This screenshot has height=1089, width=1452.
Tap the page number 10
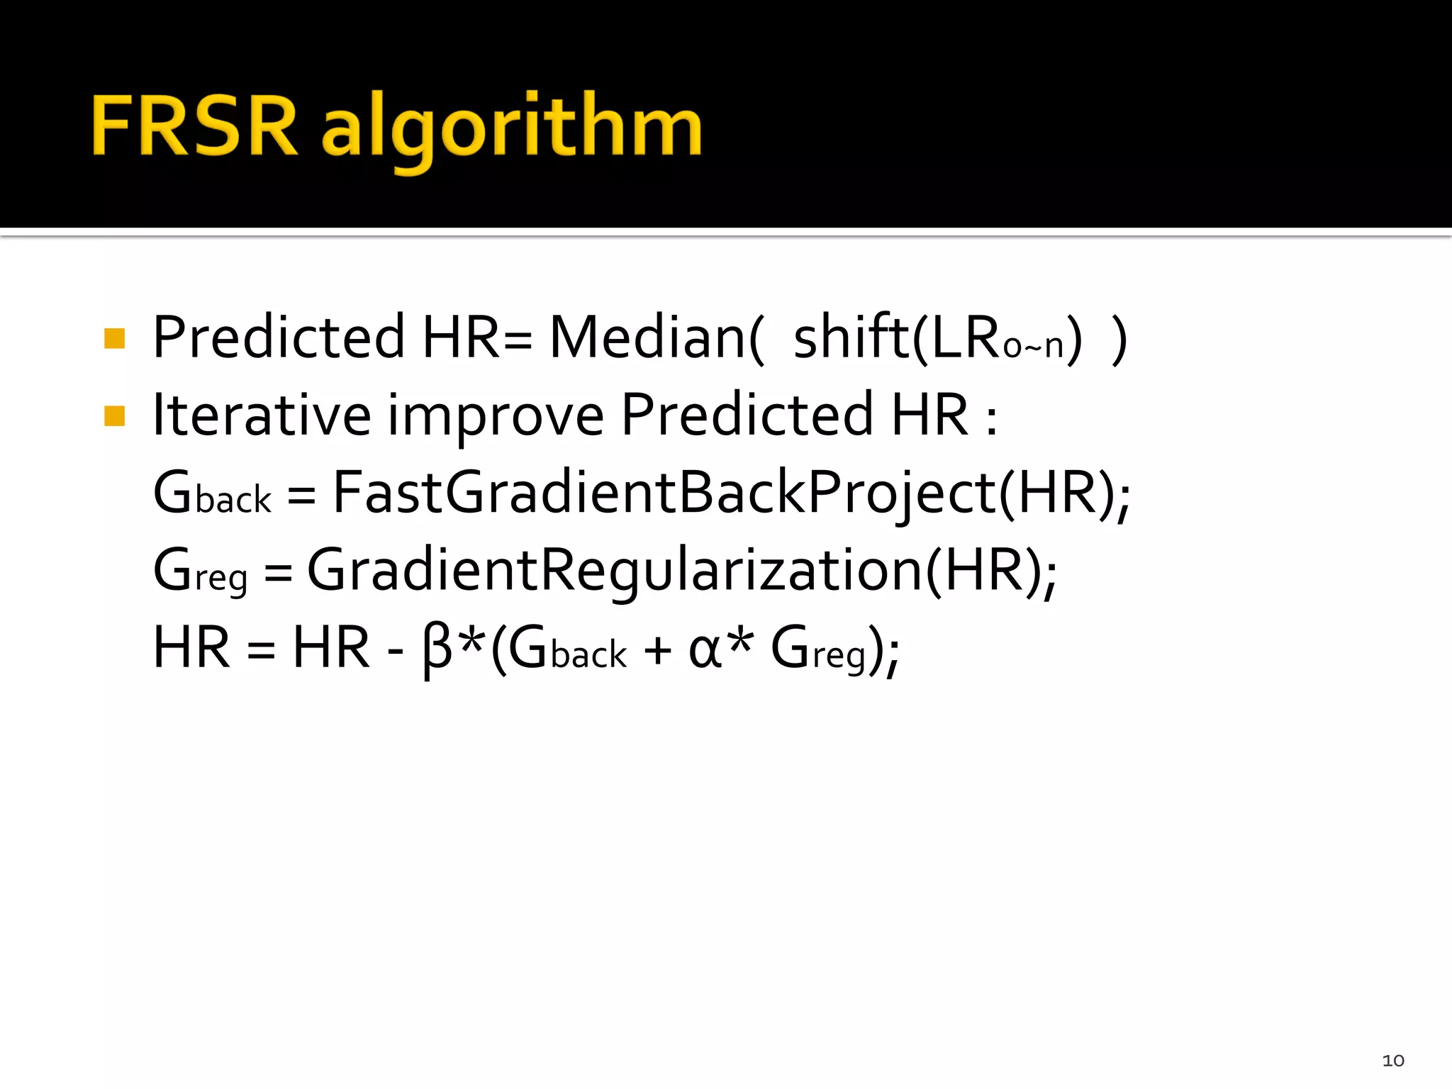click(x=1392, y=1060)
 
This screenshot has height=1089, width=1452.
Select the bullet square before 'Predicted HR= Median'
click(x=114, y=338)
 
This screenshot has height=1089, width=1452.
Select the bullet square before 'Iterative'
click(x=114, y=415)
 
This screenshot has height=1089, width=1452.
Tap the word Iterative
click(x=262, y=415)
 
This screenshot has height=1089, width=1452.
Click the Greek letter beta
click(x=437, y=649)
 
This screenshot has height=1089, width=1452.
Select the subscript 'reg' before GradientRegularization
click(x=220, y=577)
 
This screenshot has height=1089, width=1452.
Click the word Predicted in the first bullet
click(x=279, y=337)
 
